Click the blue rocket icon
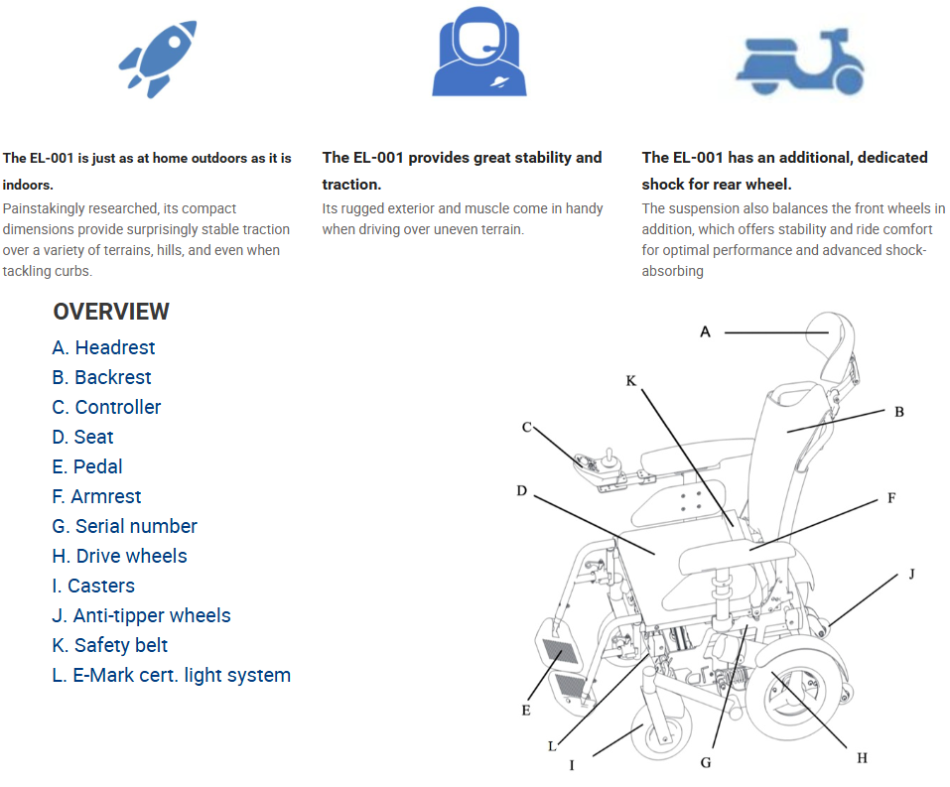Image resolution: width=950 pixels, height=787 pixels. pyautogui.click(x=158, y=59)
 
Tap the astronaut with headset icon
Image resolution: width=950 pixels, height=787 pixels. pyautogui.click(x=479, y=52)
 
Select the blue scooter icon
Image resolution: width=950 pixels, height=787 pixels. pyautogui.click(x=800, y=62)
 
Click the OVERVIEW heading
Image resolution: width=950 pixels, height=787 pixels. pyautogui.click(x=111, y=312)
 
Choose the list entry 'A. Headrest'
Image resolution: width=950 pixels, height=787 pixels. pyautogui.click(x=103, y=347)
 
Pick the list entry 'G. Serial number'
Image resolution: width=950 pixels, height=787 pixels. pyautogui.click(x=124, y=526)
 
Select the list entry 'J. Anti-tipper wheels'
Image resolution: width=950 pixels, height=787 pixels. pyautogui.click(x=141, y=615)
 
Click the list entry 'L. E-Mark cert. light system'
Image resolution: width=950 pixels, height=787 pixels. pyautogui.click(x=172, y=675)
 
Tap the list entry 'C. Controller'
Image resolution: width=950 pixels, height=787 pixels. pyautogui.click(x=106, y=407)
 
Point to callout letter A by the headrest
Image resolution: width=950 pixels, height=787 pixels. pyautogui.click(x=705, y=332)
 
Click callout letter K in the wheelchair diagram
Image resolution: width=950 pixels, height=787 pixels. pyautogui.click(x=630, y=380)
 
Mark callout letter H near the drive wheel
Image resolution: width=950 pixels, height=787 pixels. pyautogui.click(x=863, y=758)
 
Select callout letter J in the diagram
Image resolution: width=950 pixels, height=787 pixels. pyautogui.click(x=912, y=574)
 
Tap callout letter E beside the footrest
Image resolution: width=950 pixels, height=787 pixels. pyautogui.click(x=526, y=710)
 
